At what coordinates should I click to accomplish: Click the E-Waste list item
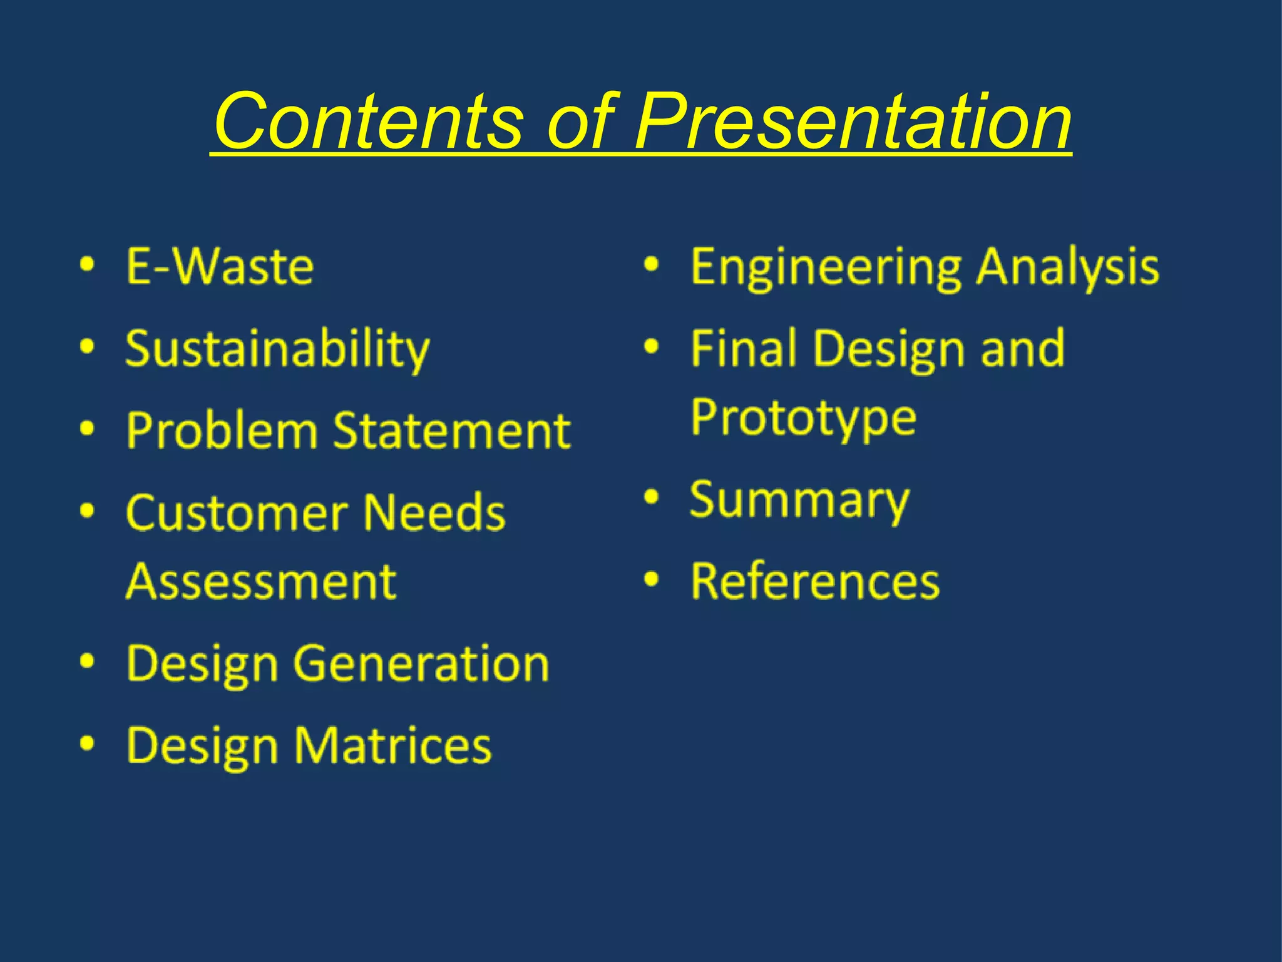(x=220, y=267)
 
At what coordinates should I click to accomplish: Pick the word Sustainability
(x=277, y=349)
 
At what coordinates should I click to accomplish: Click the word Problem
(x=222, y=431)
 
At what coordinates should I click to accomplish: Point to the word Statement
(x=451, y=431)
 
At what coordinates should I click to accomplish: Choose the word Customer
(x=237, y=513)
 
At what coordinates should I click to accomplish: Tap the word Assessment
(x=261, y=581)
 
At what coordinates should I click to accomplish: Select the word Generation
(x=421, y=663)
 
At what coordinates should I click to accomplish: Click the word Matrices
(x=392, y=745)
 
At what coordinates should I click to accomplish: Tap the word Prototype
(x=803, y=418)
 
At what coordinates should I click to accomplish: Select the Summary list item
(x=799, y=500)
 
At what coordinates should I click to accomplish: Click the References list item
(x=815, y=581)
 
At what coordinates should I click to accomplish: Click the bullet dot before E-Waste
(x=88, y=264)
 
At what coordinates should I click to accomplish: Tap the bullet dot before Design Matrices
(x=88, y=743)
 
